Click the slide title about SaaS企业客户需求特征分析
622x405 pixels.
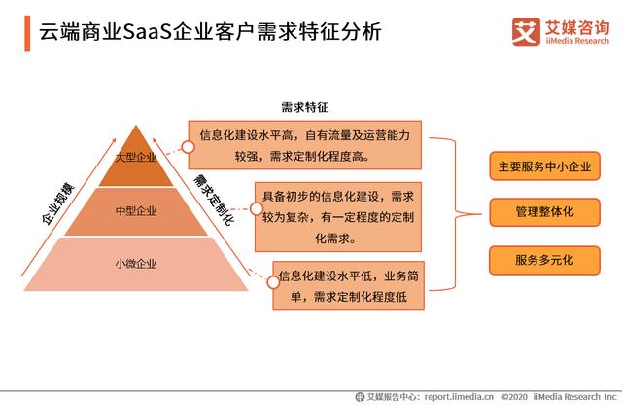(x=210, y=32)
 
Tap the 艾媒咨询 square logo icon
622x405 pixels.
(x=526, y=32)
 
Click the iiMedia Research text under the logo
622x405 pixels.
(x=577, y=41)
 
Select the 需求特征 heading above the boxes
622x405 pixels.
(x=304, y=107)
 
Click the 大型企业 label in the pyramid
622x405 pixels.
(x=136, y=157)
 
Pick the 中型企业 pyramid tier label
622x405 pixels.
(x=136, y=210)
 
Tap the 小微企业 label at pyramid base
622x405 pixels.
(x=136, y=264)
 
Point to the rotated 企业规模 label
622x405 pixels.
(x=58, y=203)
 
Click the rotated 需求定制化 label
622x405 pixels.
(x=214, y=200)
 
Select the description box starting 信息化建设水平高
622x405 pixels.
(x=304, y=145)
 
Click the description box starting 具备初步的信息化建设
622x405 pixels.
(x=338, y=217)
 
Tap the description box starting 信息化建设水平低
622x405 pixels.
(x=348, y=285)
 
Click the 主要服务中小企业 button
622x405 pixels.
(x=544, y=166)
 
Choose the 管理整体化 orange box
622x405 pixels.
(x=544, y=212)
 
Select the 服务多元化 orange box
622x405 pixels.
(x=544, y=260)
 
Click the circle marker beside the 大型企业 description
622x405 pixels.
(x=188, y=147)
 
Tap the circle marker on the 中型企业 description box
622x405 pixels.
(x=257, y=208)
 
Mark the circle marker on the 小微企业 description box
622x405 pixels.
(x=273, y=282)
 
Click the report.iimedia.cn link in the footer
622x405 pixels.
(x=459, y=396)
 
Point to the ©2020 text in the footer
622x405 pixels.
(x=514, y=396)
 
